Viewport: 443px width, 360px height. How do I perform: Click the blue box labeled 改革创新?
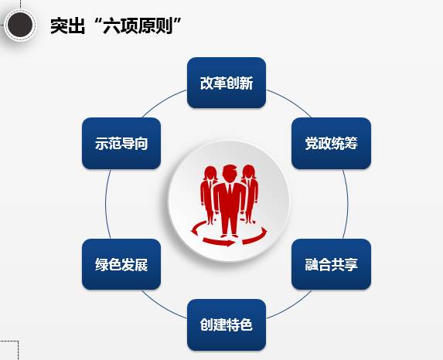pyautogui.click(x=227, y=83)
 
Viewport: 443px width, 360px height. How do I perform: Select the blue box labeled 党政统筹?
pyautogui.click(x=331, y=143)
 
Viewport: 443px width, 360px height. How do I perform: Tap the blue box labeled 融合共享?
pyautogui.click(x=331, y=264)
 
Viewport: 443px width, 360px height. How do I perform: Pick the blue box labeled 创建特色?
pyautogui.click(x=227, y=324)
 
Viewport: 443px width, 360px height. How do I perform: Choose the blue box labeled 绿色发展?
pyautogui.click(x=121, y=264)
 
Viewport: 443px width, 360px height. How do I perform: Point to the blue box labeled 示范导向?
pyautogui.click(x=121, y=143)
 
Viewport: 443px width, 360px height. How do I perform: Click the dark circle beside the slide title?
pyautogui.click(x=20, y=25)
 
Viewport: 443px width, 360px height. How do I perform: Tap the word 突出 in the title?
pyautogui.click(x=68, y=25)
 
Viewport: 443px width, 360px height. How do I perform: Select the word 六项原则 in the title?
pyautogui.click(x=138, y=25)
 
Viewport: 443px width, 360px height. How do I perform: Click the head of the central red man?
pyautogui.click(x=230, y=173)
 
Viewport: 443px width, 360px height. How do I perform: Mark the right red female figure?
pyautogui.click(x=250, y=194)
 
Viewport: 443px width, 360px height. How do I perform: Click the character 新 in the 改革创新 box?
pyautogui.click(x=247, y=83)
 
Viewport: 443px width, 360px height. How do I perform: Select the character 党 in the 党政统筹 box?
pyautogui.click(x=311, y=143)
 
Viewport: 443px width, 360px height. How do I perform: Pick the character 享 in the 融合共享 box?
pyautogui.click(x=351, y=264)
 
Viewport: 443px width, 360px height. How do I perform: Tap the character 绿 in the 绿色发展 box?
pyautogui.click(x=102, y=264)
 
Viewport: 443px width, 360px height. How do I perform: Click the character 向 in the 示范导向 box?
pyautogui.click(x=141, y=144)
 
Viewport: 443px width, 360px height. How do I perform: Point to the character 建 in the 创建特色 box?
pyautogui.click(x=220, y=325)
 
